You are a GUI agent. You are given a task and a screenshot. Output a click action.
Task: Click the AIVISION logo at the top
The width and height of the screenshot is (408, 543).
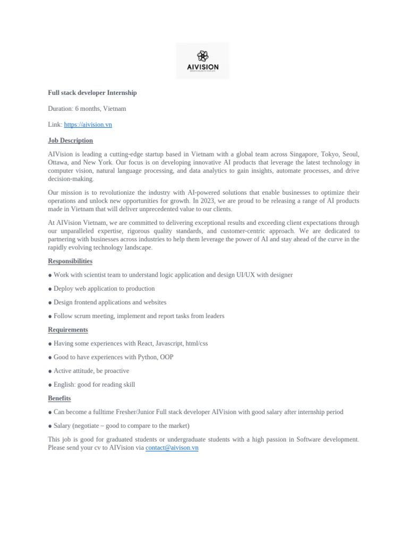(x=202, y=61)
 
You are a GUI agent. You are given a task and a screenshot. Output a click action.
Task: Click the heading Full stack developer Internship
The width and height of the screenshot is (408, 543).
(x=92, y=93)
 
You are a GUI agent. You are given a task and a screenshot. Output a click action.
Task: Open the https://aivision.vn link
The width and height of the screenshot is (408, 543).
(x=88, y=125)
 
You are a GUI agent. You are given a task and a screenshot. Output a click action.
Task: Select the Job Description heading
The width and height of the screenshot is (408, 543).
(x=70, y=141)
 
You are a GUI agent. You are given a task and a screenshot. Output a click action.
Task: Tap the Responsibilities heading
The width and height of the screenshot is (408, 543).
(x=70, y=261)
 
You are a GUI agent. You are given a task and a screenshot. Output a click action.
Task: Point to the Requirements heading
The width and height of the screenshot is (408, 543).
(x=68, y=330)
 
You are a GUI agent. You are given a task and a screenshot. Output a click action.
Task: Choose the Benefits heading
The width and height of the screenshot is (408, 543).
(x=59, y=398)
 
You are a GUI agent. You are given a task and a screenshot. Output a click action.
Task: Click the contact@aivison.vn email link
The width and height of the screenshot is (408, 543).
(x=172, y=448)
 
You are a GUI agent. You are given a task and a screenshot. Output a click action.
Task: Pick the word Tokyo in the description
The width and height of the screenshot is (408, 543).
(x=330, y=154)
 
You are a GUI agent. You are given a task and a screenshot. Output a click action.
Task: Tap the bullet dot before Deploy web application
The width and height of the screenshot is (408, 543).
(x=50, y=289)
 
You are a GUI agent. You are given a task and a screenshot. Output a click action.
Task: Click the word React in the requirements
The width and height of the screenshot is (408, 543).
(x=145, y=344)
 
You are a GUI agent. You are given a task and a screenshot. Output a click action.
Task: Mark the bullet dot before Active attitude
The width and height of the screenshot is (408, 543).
(x=50, y=371)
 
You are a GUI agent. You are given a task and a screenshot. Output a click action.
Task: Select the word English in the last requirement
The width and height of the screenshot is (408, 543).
(x=64, y=385)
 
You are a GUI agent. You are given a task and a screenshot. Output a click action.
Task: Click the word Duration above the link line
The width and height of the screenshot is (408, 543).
(x=60, y=109)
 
